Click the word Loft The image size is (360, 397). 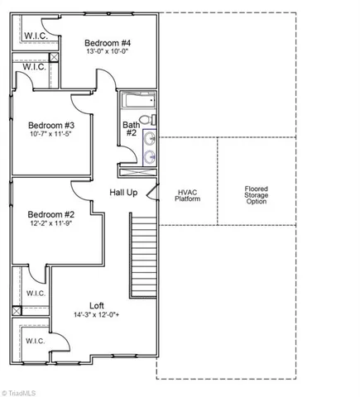(x=97, y=305)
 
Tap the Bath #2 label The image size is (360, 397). (x=132, y=129)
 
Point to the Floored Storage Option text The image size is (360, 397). (x=256, y=195)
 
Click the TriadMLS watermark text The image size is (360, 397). (x=22, y=391)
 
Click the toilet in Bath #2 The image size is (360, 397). (x=149, y=121)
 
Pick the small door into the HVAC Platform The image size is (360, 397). (x=153, y=194)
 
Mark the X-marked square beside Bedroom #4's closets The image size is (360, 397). (x=54, y=59)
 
